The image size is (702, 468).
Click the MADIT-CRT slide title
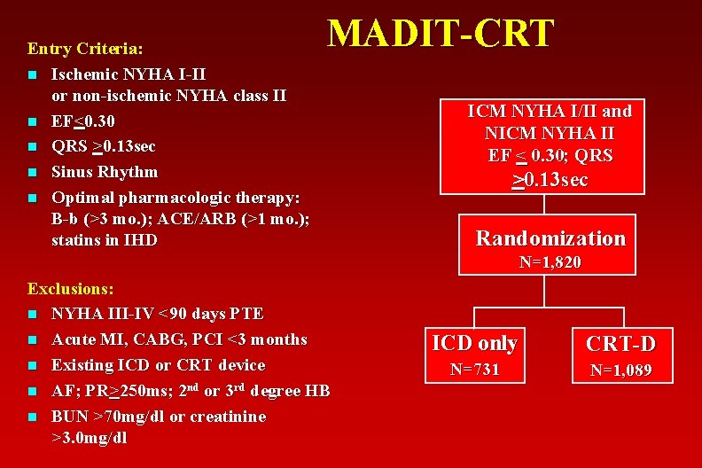441,34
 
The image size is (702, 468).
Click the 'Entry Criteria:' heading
86,46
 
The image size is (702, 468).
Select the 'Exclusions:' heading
70,288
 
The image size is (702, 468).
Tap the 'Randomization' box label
550,238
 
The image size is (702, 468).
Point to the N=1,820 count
550,262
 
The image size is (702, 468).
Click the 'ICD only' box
473,342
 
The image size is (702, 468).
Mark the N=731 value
473,369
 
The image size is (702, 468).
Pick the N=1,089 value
620,370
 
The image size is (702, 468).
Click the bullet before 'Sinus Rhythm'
32,172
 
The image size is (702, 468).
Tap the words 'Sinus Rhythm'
105,171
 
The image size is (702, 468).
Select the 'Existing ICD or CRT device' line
158,364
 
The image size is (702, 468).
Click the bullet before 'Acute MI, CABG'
32,339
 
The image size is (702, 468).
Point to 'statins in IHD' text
105,239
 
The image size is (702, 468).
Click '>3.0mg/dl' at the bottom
90,437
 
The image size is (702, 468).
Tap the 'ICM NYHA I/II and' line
550,111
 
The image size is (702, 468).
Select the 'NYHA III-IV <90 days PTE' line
157,313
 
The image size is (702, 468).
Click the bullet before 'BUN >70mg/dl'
32,417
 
